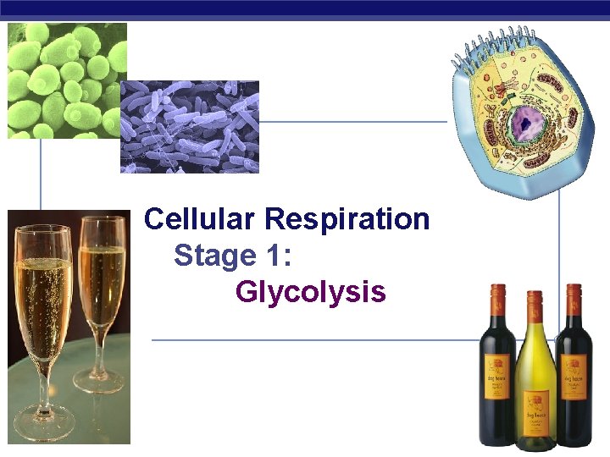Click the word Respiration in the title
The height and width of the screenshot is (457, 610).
point(347,219)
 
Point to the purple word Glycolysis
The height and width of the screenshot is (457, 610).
point(310,292)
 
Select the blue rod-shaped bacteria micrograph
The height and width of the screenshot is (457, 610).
point(190,127)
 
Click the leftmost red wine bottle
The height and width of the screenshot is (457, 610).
point(496,372)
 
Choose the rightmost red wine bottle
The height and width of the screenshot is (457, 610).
point(574,372)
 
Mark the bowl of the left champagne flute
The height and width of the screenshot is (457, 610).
point(43,288)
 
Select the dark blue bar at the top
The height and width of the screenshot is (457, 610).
point(305,9)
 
